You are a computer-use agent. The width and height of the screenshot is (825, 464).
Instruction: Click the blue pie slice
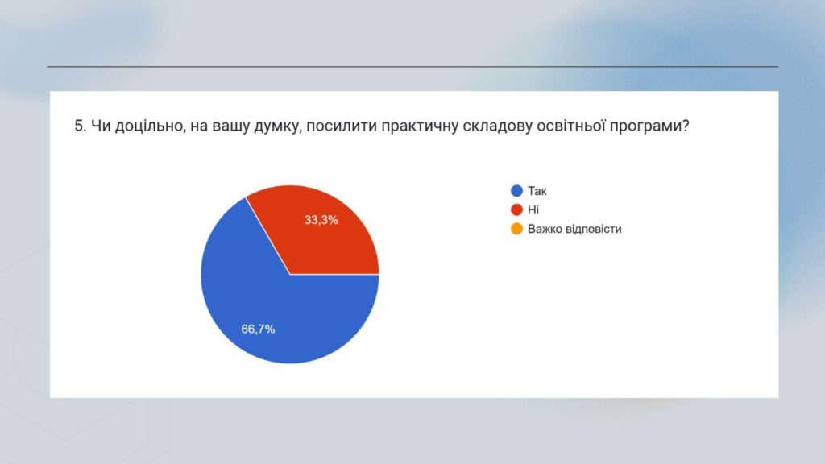pos(263,305)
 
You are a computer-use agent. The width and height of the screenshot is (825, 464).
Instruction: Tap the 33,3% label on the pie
pos(321,220)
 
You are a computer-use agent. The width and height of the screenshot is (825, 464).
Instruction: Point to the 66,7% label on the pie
pos(258,329)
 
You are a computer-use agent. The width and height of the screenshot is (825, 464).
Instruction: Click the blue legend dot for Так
pos(516,190)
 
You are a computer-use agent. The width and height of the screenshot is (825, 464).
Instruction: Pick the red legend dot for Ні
pos(516,209)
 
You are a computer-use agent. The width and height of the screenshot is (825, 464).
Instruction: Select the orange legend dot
pos(516,228)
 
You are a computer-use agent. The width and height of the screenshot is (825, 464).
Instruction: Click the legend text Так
pos(537,191)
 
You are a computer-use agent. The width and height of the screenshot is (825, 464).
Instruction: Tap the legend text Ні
pos(533,210)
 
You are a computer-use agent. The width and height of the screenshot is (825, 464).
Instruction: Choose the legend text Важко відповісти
pos(574,229)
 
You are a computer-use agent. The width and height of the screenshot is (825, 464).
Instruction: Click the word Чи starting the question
pos(101,126)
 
